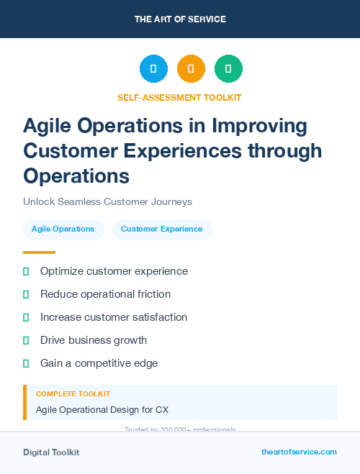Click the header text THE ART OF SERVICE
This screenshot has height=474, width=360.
[x=180, y=19]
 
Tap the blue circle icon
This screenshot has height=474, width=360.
[x=153, y=69]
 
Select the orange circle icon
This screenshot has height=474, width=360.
[x=191, y=69]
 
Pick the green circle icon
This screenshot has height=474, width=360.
[x=228, y=69]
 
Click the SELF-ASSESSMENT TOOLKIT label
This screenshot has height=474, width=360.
[x=179, y=97]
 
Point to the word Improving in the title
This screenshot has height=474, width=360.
[x=257, y=126]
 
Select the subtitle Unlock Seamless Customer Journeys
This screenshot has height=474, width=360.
[x=107, y=201]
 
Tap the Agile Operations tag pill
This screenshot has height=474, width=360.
[x=63, y=229]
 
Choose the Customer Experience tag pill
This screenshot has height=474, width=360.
[x=162, y=229]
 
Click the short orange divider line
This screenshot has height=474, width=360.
[x=39, y=252]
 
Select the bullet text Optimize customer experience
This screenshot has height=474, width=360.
[x=114, y=271]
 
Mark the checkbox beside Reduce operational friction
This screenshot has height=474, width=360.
[x=26, y=294]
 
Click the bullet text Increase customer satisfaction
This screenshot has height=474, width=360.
[x=114, y=316]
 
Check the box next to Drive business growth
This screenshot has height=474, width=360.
[x=26, y=340]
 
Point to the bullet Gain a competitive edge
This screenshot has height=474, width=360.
[x=99, y=363]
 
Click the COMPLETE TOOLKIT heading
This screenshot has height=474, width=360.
[x=73, y=394]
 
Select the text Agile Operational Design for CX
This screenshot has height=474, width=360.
[x=102, y=410]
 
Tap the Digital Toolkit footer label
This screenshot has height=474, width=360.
[x=51, y=452]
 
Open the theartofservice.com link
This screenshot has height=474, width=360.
[x=299, y=452]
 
